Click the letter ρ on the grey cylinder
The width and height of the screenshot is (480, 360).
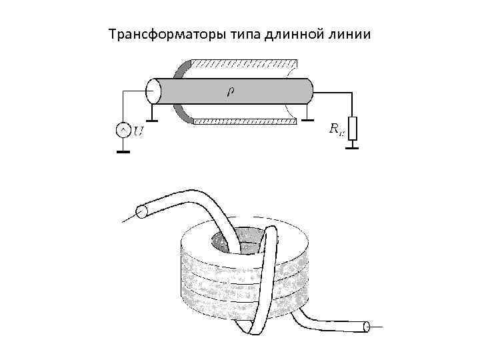[231, 91]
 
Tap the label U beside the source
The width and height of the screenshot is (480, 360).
[138, 131]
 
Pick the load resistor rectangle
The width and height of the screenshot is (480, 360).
[352, 128]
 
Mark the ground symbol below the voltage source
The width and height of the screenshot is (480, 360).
[123, 151]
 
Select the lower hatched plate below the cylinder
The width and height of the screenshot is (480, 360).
[243, 122]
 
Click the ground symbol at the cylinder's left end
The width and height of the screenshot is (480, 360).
[153, 120]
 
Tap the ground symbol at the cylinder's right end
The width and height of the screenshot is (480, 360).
[307, 120]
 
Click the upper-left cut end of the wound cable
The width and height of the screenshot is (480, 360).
[141, 212]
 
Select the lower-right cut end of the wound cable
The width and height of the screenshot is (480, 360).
[365, 327]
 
